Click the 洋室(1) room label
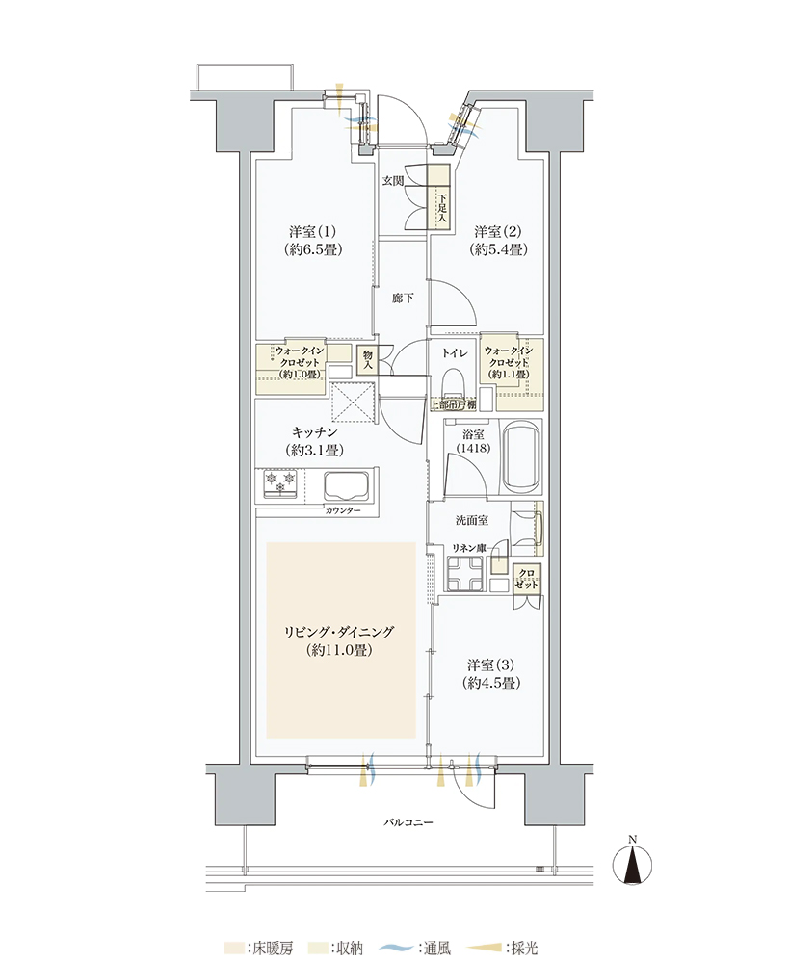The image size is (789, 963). pyautogui.click(x=312, y=232)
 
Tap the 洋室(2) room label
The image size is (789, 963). pyautogui.click(x=498, y=232)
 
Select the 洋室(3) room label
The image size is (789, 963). pyautogui.click(x=491, y=665)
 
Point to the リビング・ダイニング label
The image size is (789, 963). pyautogui.click(x=338, y=632)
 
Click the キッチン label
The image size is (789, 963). pyautogui.click(x=315, y=433)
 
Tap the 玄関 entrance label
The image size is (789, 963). pyautogui.click(x=393, y=181)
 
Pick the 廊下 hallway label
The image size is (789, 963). pyautogui.click(x=403, y=299)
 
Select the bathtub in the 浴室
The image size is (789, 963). pyautogui.click(x=522, y=456)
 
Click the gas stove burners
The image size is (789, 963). pyautogui.click(x=280, y=482)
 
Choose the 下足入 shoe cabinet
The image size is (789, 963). pyautogui.click(x=439, y=197)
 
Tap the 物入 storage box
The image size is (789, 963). pyautogui.click(x=367, y=360)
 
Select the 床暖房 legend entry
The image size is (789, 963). pyautogui.click(x=259, y=949)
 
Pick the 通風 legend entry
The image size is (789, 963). pyautogui.click(x=415, y=949)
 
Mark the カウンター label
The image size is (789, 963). pyautogui.click(x=343, y=511)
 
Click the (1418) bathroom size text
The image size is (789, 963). pyautogui.click(x=473, y=449)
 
